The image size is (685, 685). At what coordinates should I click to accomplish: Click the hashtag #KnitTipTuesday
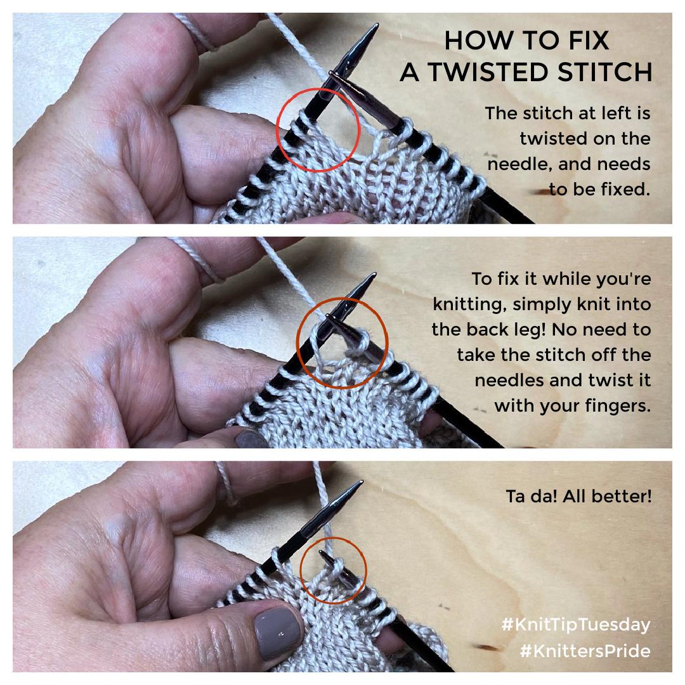coord(576,625)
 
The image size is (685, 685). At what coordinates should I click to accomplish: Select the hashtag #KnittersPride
coord(585,651)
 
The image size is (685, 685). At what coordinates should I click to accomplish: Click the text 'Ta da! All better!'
coord(578,496)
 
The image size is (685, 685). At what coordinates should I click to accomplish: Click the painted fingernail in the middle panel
coord(251,439)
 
